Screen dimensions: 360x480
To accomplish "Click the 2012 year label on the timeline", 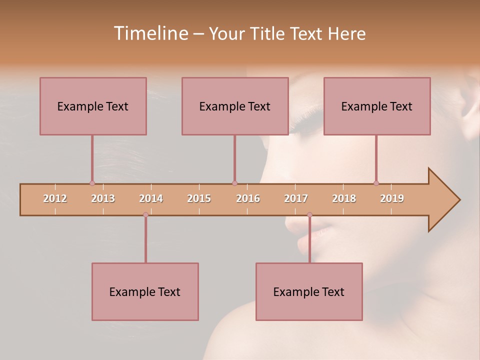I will tap(55, 198).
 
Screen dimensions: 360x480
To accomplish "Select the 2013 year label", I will tap(103, 198).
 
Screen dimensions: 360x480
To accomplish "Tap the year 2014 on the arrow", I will tap(151, 198).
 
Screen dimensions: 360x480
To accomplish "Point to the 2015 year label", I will tap(199, 198).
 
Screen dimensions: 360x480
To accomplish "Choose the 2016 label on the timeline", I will tap(248, 198).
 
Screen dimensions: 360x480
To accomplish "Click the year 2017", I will tap(296, 198).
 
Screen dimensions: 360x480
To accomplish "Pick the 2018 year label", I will tap(344, 198).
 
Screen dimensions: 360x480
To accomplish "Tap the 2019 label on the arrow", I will tap(392, 198).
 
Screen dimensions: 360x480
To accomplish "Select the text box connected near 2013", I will tap(93, 106).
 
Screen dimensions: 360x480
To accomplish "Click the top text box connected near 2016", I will tap(235, 106).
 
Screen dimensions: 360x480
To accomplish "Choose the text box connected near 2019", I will tap(377, 106).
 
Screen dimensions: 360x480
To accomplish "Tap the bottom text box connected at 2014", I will tap(145, 291).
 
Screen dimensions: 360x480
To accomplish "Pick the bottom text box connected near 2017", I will tap(309, 291).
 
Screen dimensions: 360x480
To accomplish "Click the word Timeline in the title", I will tap(150, 33).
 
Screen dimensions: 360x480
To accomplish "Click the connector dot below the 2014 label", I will tap(145, 214).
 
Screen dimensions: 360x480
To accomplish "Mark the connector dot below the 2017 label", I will tap(309, 214).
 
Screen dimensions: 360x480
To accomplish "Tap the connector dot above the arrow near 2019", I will tap(376, 183).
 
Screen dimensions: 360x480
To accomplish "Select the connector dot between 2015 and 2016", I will tap(234, 183).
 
